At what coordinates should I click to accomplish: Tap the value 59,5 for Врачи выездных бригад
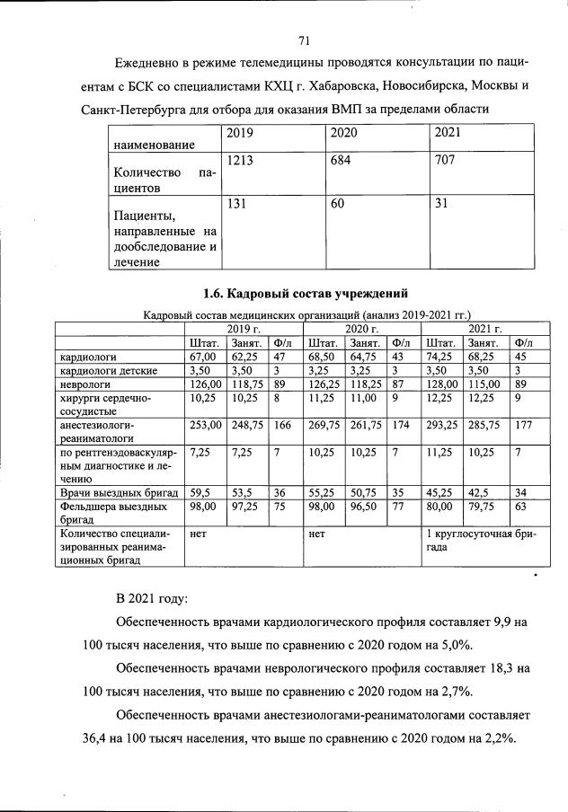coord(200,491)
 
